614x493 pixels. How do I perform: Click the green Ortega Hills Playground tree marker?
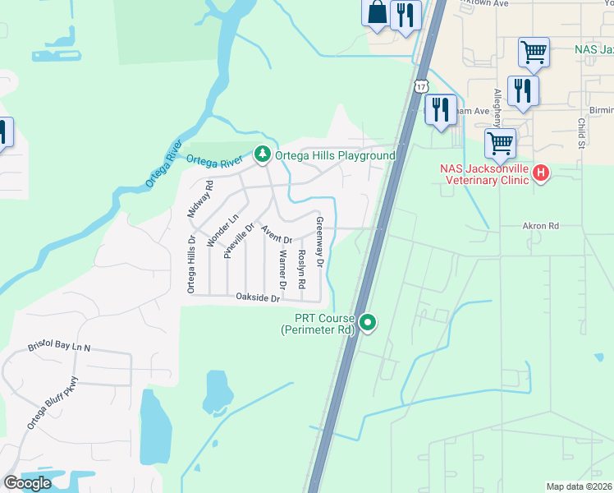point(263,154)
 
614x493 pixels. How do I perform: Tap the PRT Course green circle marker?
point(369,321)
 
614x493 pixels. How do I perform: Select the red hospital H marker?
point(541,173)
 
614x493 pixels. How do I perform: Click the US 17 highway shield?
point(421,86)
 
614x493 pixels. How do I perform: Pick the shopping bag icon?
point(376,13)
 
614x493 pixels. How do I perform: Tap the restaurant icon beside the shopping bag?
point(406,16)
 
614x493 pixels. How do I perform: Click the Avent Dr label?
point(277,233)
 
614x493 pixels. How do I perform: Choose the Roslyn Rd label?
point(302,268)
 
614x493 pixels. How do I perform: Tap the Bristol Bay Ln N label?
point(60,348)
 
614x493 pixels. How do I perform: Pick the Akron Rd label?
point(540,225)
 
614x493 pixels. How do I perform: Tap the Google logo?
point(28,483)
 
